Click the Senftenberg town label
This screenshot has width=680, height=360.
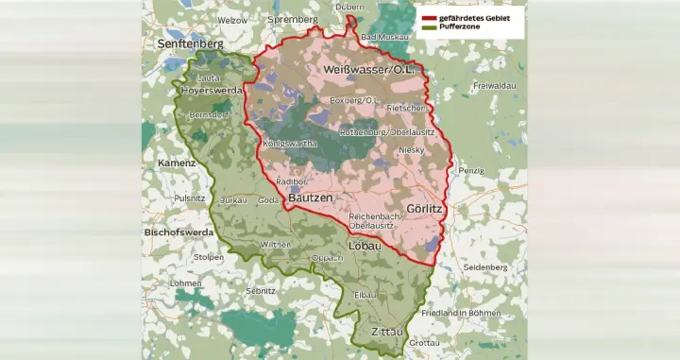pyautogui.click(x=191, y=43)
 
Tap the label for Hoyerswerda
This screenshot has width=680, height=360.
pyautogui.click(x=211, y=90)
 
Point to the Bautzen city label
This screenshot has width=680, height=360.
pyautogui.click(x=310, y=198)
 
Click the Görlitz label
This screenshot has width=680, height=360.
pyautogui.click(x=425, y=207)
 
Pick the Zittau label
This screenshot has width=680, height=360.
pyautogui.click(x=387, y=333)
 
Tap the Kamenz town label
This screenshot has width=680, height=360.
pyautogui.click(x=178, y=163)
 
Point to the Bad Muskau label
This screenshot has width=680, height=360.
pyautogui.click(x=385, y=36)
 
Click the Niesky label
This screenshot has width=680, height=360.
pyautogui.click(x=413, y=149)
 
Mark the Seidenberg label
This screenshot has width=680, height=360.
pyautogui.click(x=486, y=267)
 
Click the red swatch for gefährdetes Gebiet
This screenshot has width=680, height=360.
pyautogui.click(x=429, y=17)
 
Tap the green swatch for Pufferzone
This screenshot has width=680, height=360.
pyautogui.click(x=429, y=28)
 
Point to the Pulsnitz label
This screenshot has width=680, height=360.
pyautogui.click(x=190, y=198)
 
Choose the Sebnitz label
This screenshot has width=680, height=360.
pyautogui.click(x=260, y=291)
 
